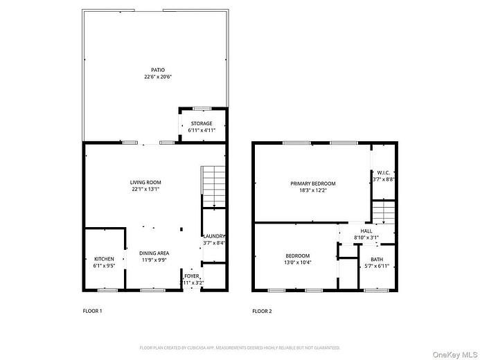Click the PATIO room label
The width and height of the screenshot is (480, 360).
[x=157, y=70]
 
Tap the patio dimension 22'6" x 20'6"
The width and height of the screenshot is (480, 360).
[x=157, y=77]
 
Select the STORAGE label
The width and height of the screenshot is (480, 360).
[x=202, y=123]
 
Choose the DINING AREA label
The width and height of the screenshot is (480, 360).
[x=154, y=253]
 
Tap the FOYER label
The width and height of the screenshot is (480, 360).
[x=190, y=276]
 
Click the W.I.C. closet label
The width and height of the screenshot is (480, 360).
[x=384, y=172]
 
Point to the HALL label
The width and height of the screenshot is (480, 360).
[x=366, y=231]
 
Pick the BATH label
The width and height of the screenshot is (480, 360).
[x=376, y=259]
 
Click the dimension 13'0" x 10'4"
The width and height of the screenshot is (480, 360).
[x=297, y=263]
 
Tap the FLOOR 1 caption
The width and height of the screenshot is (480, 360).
[x=92, y=311]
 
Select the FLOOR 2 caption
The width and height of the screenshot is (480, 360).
[x=262, y=311]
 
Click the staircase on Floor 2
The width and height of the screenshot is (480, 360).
[x=383, y=212]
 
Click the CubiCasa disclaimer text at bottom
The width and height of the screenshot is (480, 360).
[x=240, y=348]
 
